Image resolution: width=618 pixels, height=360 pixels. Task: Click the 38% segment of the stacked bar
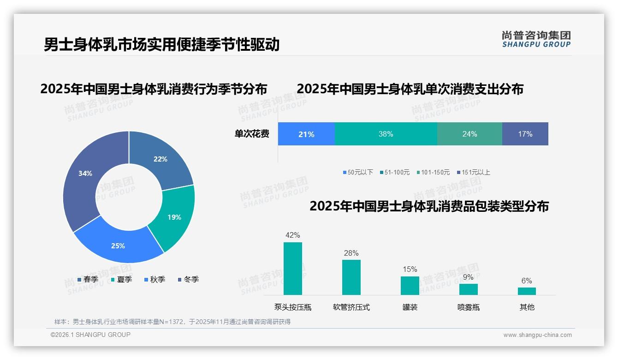pos(386,134)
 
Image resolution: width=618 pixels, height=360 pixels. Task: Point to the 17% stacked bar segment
pos(525,134)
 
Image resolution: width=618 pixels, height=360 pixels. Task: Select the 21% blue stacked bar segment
pos(306,134)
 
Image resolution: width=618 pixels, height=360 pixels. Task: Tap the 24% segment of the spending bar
pos(469,134)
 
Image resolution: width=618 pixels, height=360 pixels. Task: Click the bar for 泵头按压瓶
pos(293,269)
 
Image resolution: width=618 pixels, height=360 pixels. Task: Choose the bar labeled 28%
pos(351,277)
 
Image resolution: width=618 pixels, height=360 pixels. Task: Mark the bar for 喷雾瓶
pos(468,289)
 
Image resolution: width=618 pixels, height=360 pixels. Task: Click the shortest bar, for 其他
pos(527,291)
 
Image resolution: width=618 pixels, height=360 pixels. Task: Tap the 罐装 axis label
pos(410,307)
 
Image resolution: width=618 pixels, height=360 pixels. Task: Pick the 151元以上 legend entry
pos(475,172)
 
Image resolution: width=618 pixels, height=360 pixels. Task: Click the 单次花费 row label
pos(252,134)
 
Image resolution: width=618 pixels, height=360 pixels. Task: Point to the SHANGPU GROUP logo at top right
pos(536,39)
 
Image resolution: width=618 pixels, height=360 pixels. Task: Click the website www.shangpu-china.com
pos(537,335)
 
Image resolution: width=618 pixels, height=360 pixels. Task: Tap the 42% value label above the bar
pos(293,235)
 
